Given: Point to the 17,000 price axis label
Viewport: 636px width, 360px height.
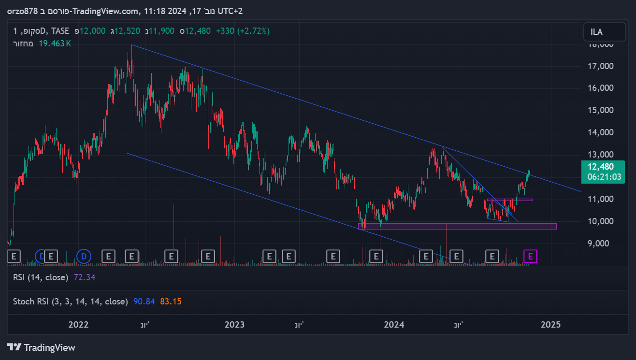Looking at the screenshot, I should click(601, 66).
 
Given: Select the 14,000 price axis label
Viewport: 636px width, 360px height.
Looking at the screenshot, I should click(601, 132).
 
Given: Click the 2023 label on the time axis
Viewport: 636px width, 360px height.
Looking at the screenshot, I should click(235, 324).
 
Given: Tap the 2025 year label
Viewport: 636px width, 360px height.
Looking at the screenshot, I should click(550, 324).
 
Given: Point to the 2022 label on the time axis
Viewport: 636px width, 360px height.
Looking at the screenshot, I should click(79, 324).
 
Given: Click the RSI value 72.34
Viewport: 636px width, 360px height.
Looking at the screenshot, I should click(85, 277).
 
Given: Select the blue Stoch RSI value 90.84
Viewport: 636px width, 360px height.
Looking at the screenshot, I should click(144, 302).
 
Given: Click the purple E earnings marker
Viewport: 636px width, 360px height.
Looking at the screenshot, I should click(530, 257).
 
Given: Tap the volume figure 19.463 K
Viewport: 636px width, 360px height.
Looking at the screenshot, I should click(55, 43).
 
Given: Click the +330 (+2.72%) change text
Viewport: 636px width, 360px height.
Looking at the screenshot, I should click(243, 31).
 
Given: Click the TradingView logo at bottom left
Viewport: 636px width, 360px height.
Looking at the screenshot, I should click(42, 347).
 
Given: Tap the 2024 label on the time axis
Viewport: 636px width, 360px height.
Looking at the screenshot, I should click(393, 324).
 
